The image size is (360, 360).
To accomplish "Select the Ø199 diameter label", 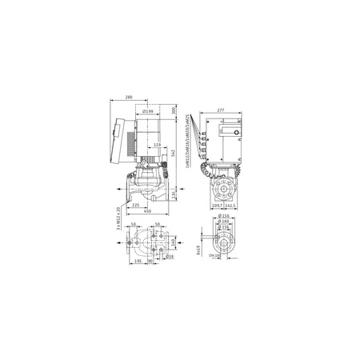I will click(152, 112).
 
